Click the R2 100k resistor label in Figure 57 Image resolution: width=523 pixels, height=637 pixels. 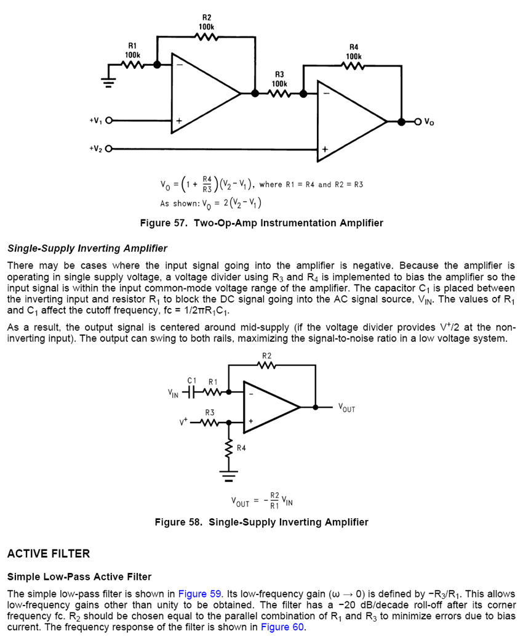[206, 23]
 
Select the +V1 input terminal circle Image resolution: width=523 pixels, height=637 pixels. [110, 121]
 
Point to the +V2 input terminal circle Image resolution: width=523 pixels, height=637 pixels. [110, 148]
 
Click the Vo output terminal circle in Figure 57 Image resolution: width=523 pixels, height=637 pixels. [419, 121]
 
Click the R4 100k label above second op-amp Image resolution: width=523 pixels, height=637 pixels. [353, 52]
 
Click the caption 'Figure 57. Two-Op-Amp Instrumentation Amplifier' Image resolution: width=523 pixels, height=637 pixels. [261, 223]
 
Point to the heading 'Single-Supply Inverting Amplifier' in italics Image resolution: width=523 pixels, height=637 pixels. [87, 248]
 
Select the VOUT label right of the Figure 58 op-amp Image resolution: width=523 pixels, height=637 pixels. [346, 407]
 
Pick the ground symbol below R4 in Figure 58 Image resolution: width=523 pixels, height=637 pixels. [230, 476]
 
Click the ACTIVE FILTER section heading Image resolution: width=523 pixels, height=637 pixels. [49, 554]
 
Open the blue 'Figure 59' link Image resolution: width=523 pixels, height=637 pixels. [199, 594]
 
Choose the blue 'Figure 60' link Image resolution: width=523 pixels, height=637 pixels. [282, 627]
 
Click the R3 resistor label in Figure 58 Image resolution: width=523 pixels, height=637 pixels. [210, 412]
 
